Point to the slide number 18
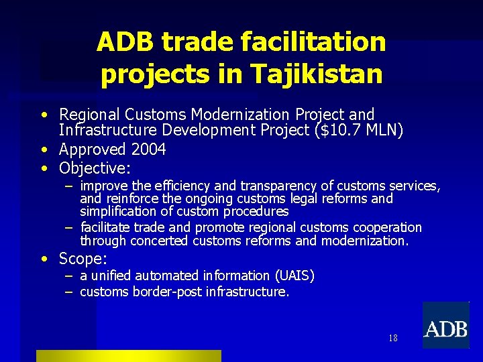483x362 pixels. [392, 338]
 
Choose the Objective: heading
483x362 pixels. [95, 167]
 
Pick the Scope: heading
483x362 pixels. [83, 258]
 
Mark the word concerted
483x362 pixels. [160, 241]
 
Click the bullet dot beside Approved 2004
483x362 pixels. [42, 149]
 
